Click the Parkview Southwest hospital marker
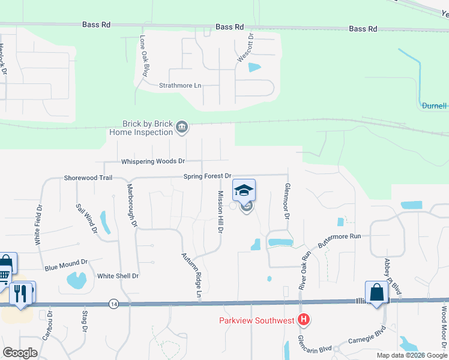[x=304, y=320]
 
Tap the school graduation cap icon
[x=244, y=191]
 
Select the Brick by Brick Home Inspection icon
[x=182, y=127]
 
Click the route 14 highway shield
[x=113, y=304]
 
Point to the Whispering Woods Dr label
[x=153, y=161]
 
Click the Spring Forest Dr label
[x=207, y=176]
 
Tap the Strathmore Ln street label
[x=180, y=86]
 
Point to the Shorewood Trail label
[x=88, y=178]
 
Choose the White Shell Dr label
[x=118, y=276]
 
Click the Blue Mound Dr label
[x=66, y=263]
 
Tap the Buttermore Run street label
[x=339, y=236]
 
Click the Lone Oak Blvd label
[x=143, y=55]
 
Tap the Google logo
[x=20, y=353]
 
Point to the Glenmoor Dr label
[x=287, y=200]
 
